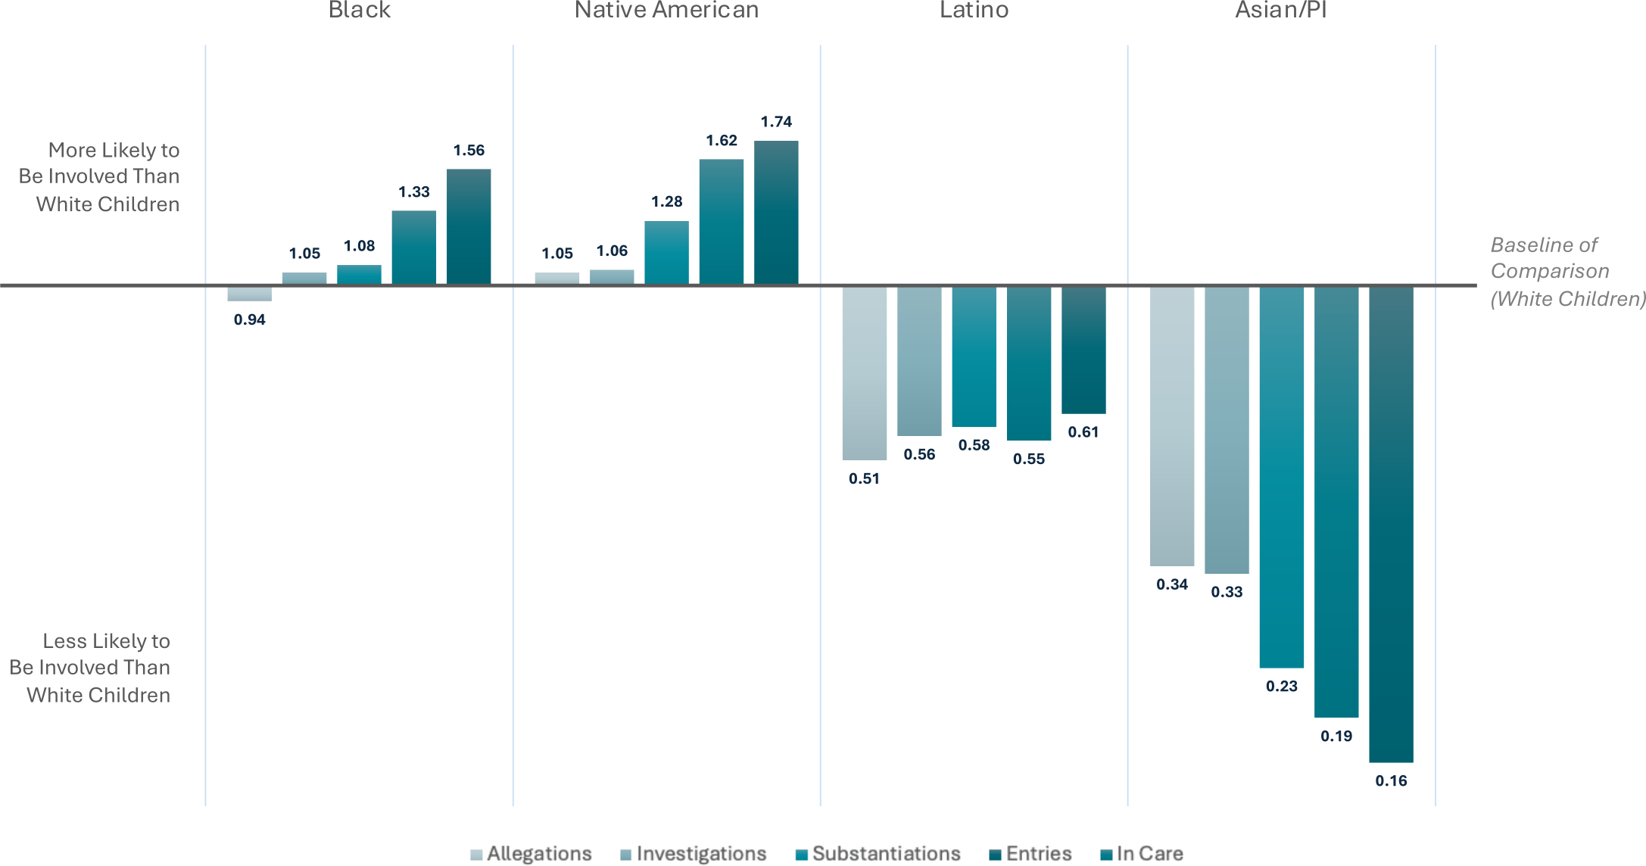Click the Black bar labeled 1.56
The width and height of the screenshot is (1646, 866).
(469, 226)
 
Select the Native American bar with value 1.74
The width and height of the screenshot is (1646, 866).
(776, 213)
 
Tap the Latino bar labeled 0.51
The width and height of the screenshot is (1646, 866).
(864, 372)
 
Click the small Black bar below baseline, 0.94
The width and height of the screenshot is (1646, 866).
(250, 294)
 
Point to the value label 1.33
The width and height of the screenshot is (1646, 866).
(414, 192)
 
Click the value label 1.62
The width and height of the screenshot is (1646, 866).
(722, 141)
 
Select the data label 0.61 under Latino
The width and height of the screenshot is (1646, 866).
(1083, 432)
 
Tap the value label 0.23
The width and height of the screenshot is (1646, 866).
(1281, 687)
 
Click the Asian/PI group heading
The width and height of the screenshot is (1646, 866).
(1281, 11)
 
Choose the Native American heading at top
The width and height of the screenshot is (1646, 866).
(666, 11)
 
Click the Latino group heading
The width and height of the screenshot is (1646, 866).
(974, 11)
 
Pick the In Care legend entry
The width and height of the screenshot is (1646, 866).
(1142, 854)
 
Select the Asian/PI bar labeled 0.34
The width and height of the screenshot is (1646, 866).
(1171, 425)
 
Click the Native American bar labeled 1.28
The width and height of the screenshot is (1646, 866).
(666, 253)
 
